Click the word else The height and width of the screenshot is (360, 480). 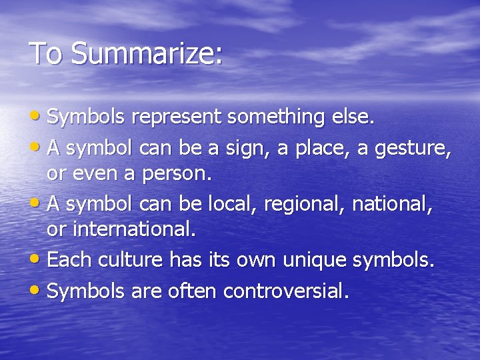[x=353, y=117]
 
